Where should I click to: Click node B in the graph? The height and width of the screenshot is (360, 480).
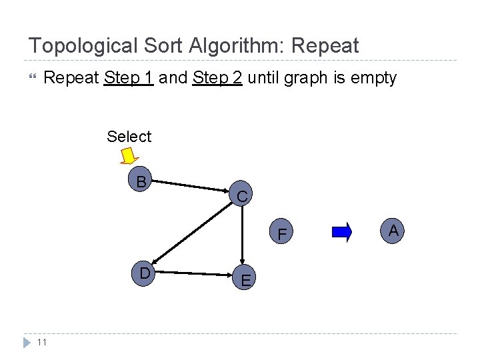[141, 181]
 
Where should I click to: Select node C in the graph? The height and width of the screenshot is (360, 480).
[242, 197]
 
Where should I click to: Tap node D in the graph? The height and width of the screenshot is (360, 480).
[144, 273]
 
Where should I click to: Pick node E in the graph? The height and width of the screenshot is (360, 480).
[246, 281]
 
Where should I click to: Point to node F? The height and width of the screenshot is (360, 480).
[283, 235]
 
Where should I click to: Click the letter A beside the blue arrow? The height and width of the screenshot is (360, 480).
[393, 231]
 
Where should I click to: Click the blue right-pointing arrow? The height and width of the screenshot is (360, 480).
[342, 232]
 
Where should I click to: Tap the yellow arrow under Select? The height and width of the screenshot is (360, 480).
[129, 156]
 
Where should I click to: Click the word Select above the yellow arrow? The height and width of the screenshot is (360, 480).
[129, 137]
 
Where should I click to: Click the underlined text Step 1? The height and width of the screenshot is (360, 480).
[129, 78]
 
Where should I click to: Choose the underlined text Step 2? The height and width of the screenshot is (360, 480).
[217, 78]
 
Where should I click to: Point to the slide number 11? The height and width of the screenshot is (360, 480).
[41, 343]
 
